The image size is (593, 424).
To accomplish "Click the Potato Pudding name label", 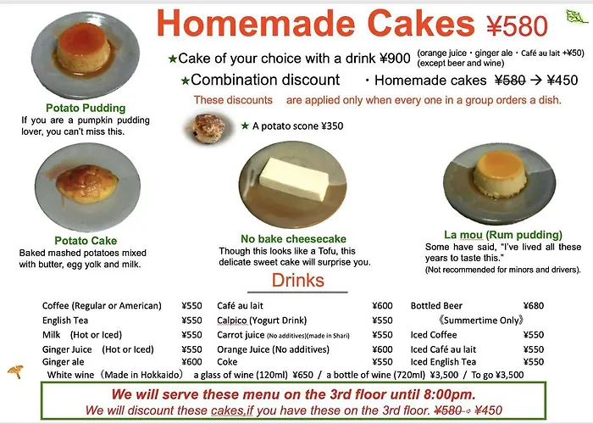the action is click(86, 108).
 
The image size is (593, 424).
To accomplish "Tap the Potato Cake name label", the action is click(86, 240).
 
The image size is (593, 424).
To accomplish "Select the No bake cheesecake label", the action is click(293, 239).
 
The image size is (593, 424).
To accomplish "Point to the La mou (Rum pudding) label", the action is click(503, 235).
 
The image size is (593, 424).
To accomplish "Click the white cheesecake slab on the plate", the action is click(294, 179).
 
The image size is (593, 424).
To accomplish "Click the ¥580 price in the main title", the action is click(517, 26).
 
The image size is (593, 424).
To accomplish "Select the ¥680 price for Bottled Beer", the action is click(533, 305).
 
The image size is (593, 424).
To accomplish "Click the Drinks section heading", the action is click(298, 280).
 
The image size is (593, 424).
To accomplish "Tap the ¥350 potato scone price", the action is click(332, 126).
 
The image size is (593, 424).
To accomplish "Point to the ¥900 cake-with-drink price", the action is click(395, 59).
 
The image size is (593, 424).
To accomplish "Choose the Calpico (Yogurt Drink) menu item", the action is click(262, 321).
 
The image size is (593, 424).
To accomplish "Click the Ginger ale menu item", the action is click(64, 362).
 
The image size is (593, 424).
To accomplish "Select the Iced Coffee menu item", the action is click(434, 335).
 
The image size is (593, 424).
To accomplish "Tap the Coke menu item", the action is click(227, 362).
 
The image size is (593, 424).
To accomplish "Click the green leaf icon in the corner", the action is click(576, 16).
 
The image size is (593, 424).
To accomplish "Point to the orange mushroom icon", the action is click(15, 371).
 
